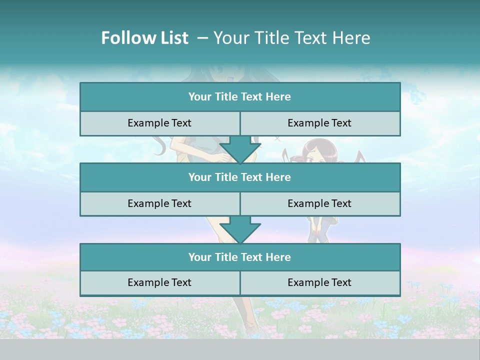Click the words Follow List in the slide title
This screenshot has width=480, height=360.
pos(144,38)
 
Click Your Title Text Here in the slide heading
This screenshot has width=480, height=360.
pos(292,38)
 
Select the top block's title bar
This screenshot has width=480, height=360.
pos(240,97)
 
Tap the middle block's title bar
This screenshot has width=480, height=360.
pos(240,177)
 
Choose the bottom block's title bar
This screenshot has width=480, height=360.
pos(240,257)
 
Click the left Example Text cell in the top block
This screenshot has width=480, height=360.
pos(159,123)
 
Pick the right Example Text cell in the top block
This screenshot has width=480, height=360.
pos(320,123)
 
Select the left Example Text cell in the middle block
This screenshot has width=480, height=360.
pos(159,204)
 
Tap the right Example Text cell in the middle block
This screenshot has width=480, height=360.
pos(320,204)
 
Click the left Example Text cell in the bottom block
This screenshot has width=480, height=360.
pos(159,283)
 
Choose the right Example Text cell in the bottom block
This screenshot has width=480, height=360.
pos(320,283)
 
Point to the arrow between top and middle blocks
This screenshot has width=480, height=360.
pos(240,150)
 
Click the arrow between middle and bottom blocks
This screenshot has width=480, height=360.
pos(240,230)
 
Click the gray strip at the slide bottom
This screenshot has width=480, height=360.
pos(240,349)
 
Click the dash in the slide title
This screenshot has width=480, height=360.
pos(202,38)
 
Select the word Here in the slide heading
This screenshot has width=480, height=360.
pos(352,38)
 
